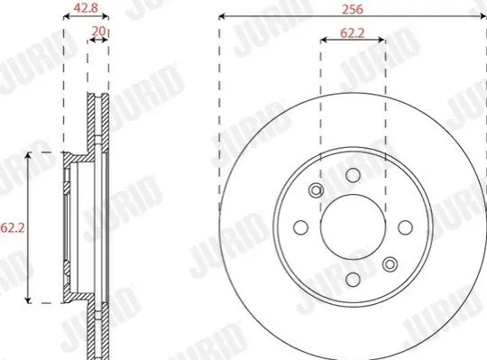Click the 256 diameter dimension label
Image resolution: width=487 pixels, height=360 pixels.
point(353,9)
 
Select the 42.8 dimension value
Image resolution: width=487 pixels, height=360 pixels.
point(86,8)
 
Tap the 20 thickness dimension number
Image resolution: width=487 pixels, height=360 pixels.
point(99,31)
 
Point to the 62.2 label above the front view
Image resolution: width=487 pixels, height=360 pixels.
point(353,32)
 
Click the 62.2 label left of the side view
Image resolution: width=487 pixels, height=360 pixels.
point(12,228)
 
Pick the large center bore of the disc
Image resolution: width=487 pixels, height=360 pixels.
point(353,227)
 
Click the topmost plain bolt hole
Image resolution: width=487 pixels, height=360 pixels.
point(353,175)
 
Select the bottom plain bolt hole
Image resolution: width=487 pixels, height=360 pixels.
point(353,279)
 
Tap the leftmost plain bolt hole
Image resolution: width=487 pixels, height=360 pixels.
point(300,227)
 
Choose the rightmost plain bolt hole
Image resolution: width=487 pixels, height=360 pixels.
point(405,227)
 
